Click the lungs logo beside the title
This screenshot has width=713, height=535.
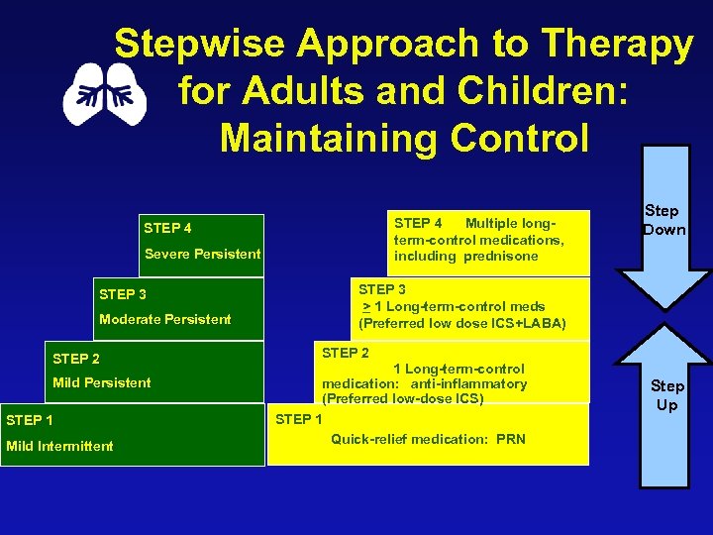[x=105, y=94]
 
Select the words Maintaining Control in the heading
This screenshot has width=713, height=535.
[x=404, y=138]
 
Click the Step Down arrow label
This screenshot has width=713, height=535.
[x=662, y=220]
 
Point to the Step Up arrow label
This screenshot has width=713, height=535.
[x=666, y=395]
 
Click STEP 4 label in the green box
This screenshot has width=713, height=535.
[x=167, y=228]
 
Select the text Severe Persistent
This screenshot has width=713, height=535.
[x=202, y=254]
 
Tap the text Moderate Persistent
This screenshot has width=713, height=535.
[x=164, y=319]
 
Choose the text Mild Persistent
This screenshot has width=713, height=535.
[x=102, y=382]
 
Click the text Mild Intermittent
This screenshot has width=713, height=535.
[x=59, y=446]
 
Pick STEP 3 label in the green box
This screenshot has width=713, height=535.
[x=123, y=294]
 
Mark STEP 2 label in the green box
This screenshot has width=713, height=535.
[x=76, y=359]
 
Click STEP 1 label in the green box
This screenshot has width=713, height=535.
[x=30, y=420]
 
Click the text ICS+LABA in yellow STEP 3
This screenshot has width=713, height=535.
[x=530, y=323]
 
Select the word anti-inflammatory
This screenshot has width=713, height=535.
[x=468, y=383]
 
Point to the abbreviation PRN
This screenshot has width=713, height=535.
[x=511, y=439]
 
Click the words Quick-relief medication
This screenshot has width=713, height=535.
[x=408, y=439]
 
